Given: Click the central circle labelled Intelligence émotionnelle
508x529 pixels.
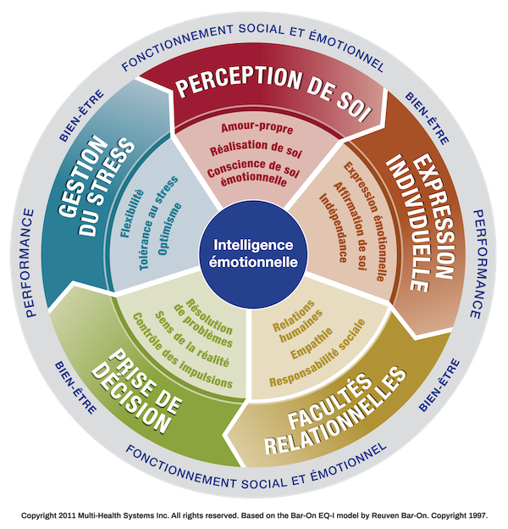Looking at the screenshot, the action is (x=253, y=254).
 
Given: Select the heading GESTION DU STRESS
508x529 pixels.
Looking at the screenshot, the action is (x=96, y=187).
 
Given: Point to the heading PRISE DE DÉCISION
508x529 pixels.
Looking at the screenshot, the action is (x=137, y=392).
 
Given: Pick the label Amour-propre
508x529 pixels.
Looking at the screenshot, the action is (x=257, y=128).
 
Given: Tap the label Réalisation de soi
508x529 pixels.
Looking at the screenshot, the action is (x=256, y=149).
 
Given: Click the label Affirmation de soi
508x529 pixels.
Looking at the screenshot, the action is (x=351, y=226).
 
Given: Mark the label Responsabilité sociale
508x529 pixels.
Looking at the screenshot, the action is (x=317, y=354).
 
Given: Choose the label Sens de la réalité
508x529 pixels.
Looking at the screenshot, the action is (x=192, y=339).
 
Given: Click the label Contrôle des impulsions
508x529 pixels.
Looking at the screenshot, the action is (x=182, y=350).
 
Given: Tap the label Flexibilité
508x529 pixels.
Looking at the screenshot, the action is (x=132, y=214).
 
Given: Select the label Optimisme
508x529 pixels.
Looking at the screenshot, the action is (x=169, y=229).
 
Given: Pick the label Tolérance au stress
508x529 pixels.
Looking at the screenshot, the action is (x=158, y=223).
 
